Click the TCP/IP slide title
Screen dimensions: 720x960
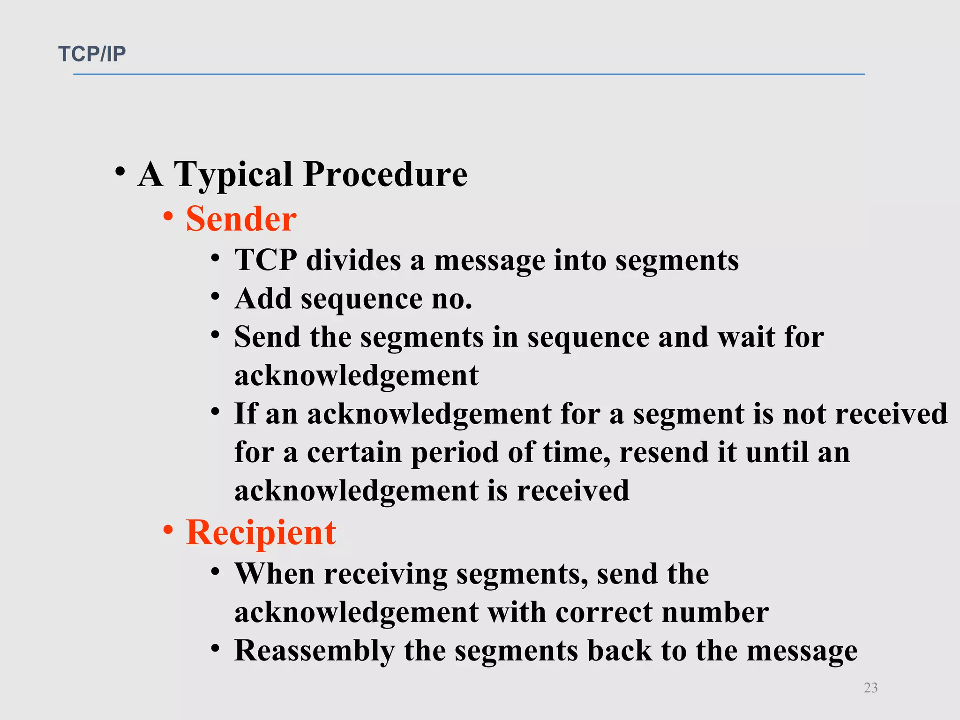92,54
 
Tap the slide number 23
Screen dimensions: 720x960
870,688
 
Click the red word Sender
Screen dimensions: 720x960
241,219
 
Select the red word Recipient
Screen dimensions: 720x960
261,532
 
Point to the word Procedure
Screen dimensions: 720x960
385,174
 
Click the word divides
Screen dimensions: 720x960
353,260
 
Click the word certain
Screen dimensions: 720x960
354,453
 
